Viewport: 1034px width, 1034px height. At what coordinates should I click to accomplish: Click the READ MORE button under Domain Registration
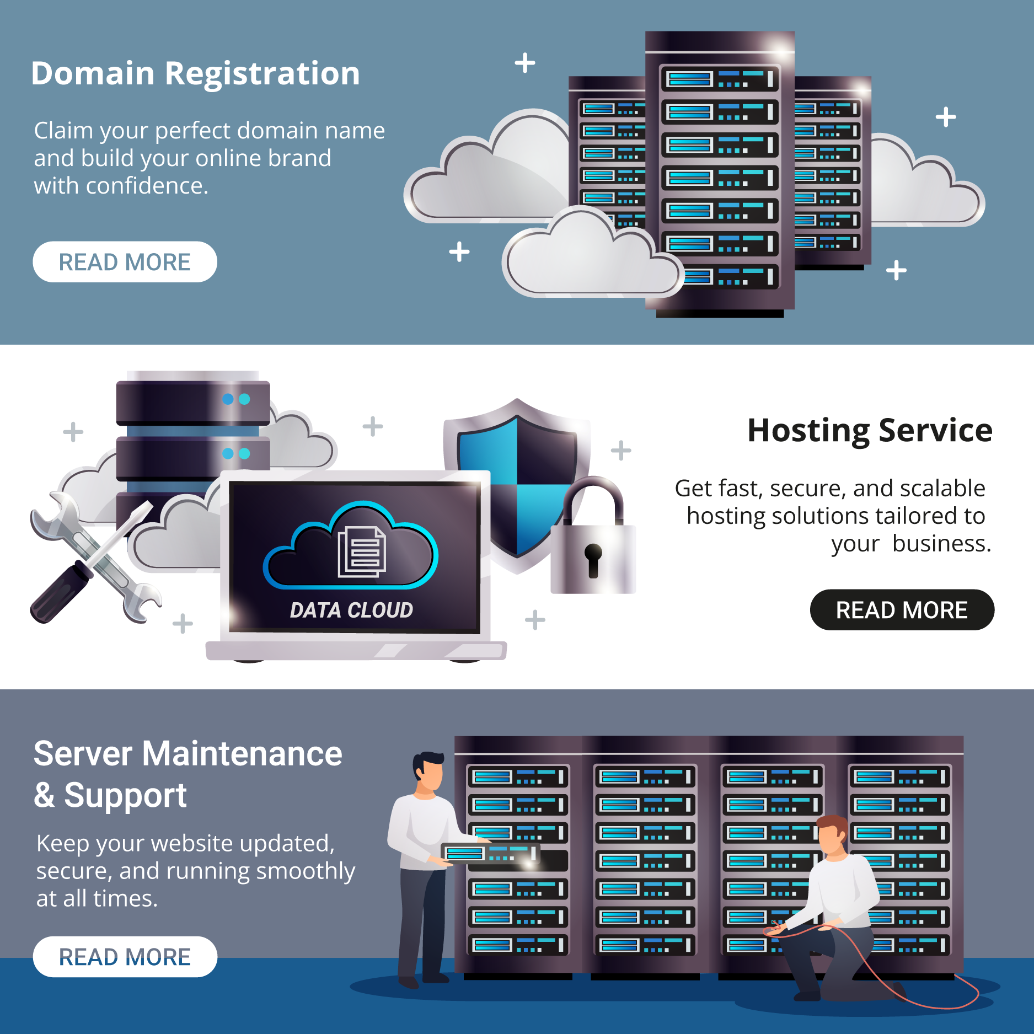click(x=125, y=262)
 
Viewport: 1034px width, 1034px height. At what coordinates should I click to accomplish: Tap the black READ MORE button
click(x=902, y=610)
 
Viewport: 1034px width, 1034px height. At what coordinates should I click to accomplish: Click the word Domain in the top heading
click(x=93, y=73)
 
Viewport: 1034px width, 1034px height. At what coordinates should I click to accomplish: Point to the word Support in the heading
click(x=125, y=795)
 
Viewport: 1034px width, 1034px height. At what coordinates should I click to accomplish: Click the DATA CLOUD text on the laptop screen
click(x=351, y=610)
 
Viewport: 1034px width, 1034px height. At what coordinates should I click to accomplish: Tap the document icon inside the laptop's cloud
click(x=362, y=551)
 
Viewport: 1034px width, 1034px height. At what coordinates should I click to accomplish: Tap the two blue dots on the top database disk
click(x=236, y=399)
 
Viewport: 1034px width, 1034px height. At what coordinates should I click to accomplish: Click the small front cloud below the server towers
click(x=590, y=256)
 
